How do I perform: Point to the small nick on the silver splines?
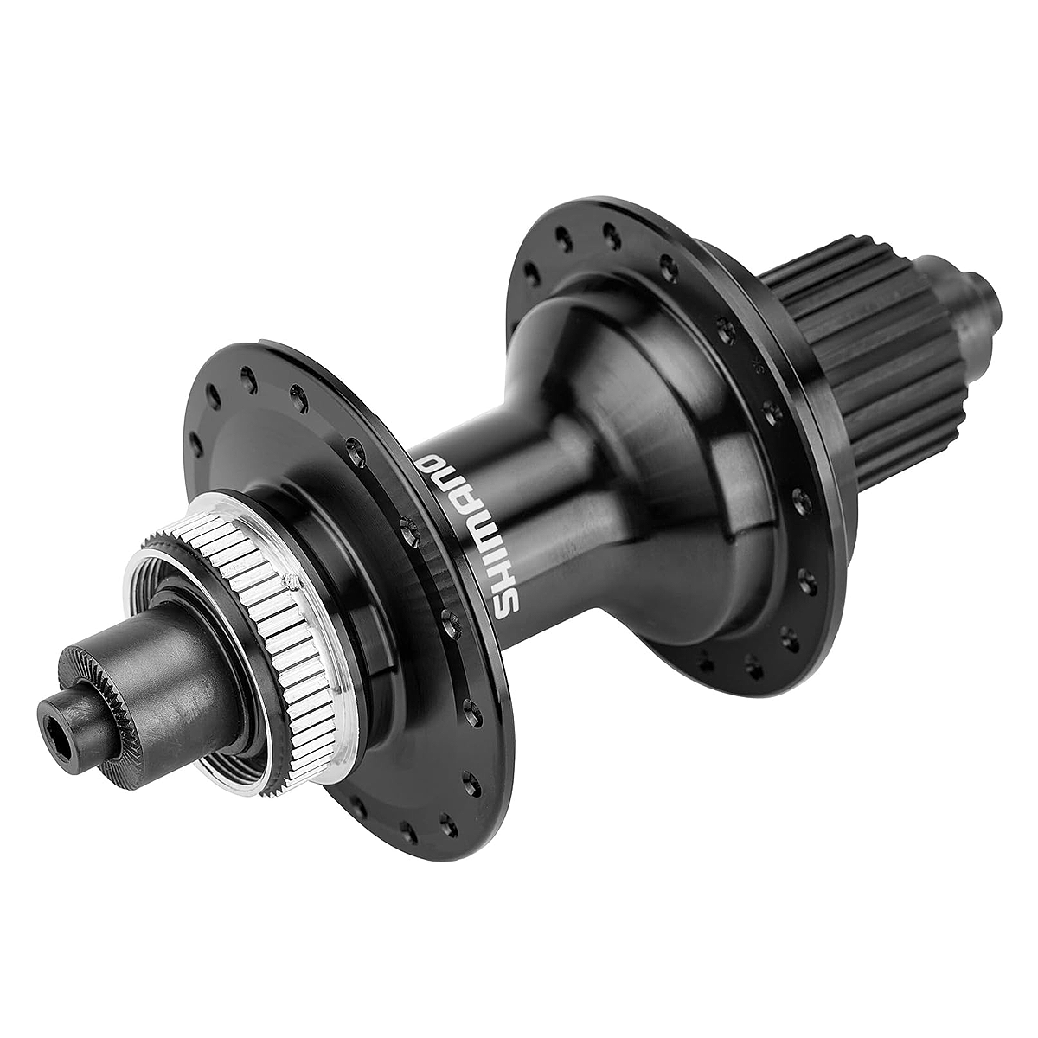click(x=292, y=580)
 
